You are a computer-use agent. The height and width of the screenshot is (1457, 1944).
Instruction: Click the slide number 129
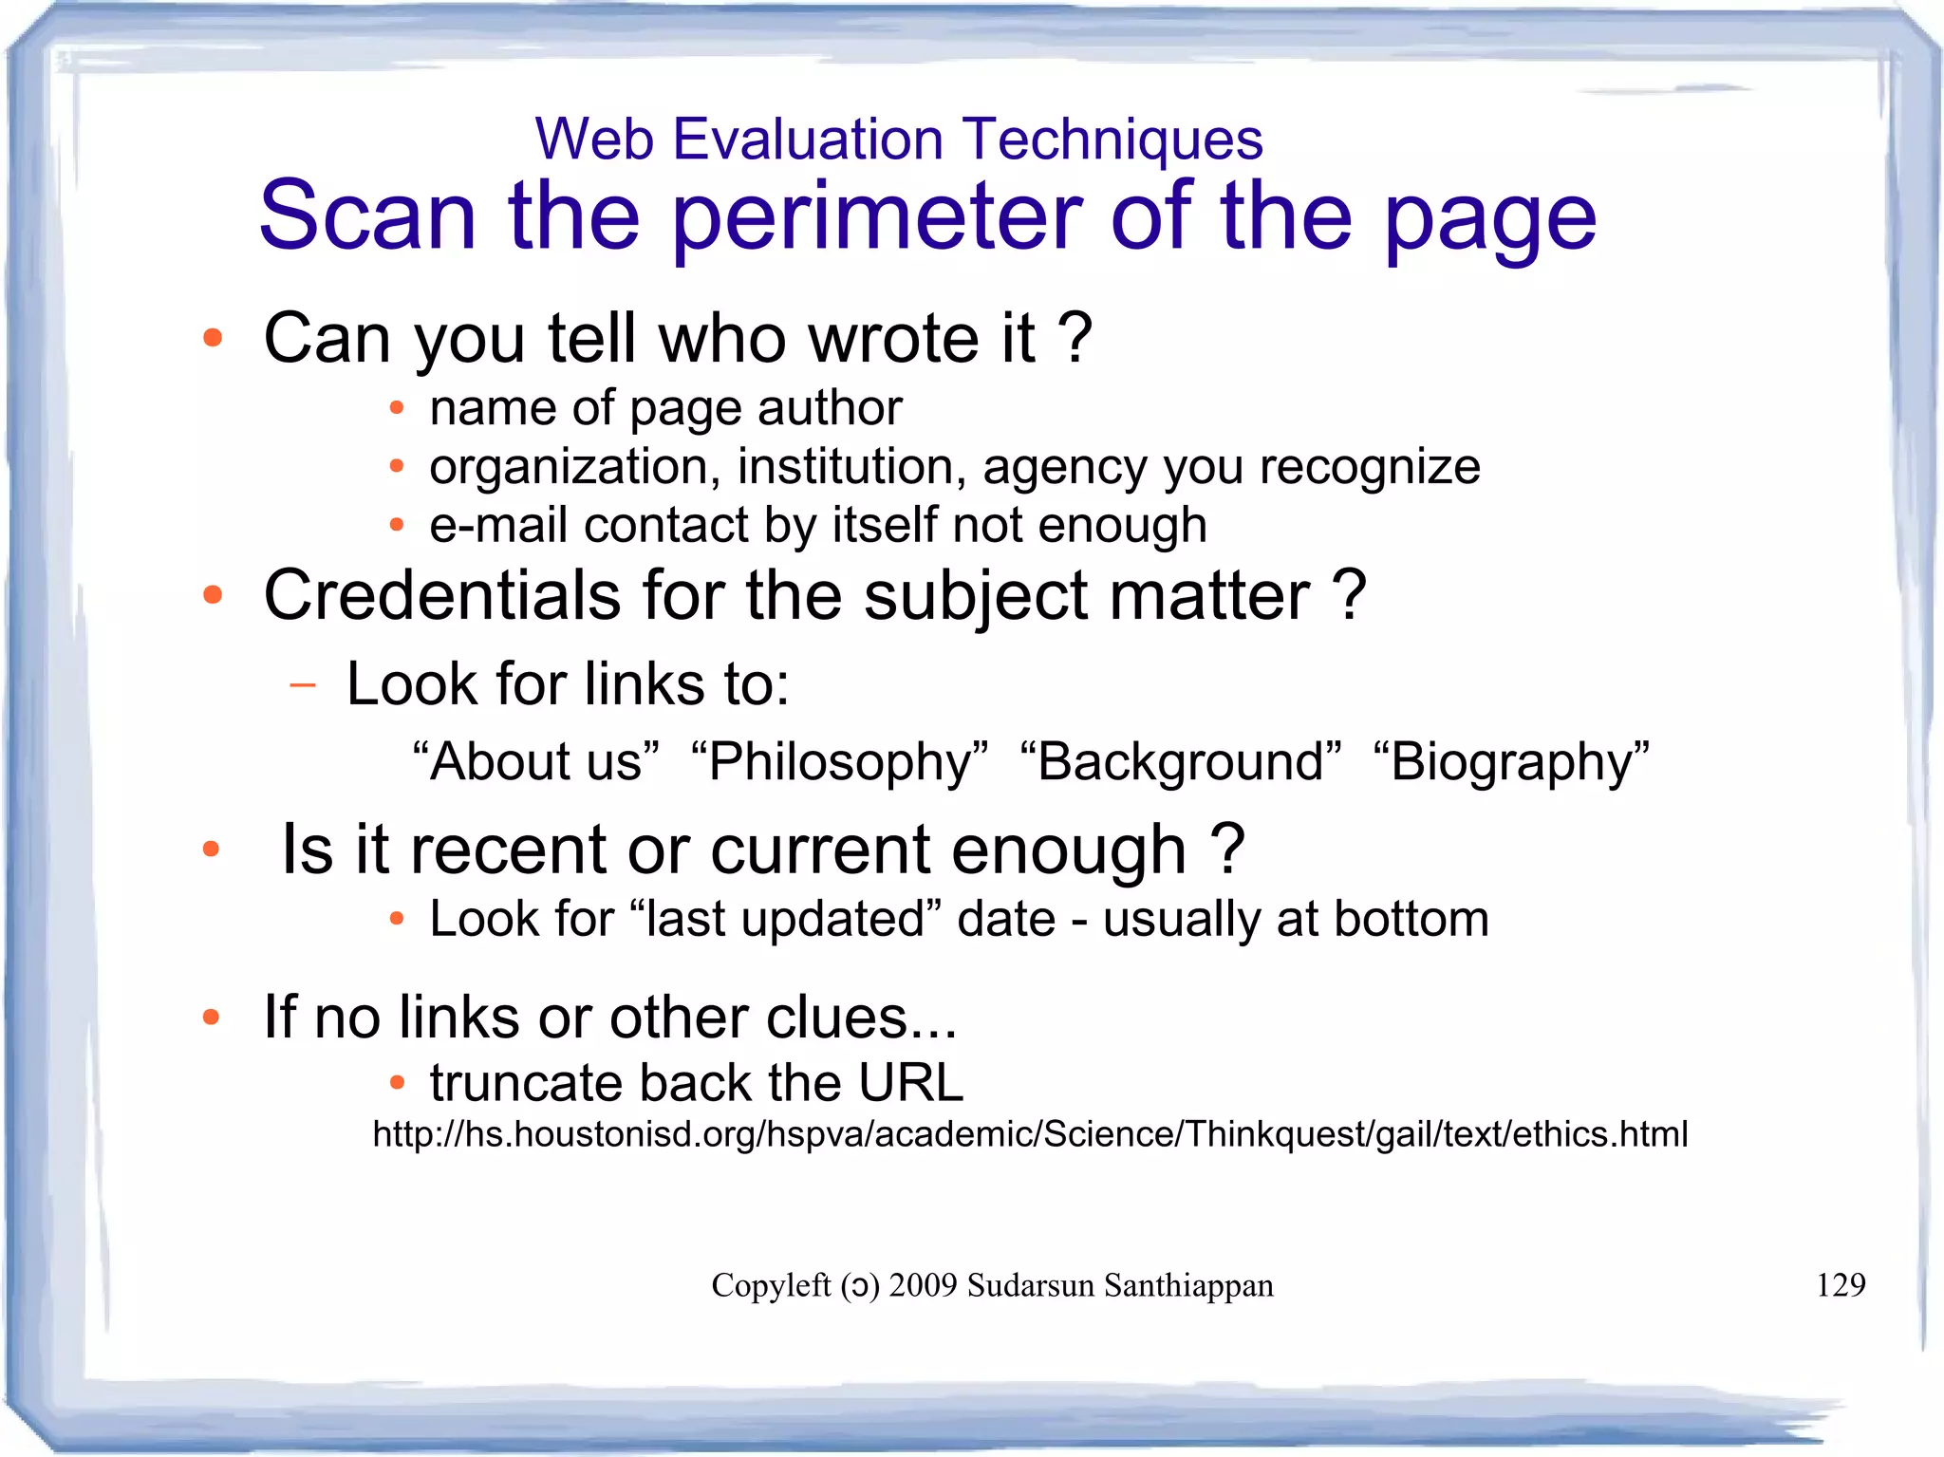(1840, 1285)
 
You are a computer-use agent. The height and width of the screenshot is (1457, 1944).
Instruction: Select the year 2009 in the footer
(923, 1285)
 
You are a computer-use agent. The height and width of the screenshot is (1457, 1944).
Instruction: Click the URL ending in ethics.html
(1030, 1134)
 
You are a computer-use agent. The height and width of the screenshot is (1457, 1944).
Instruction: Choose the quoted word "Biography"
(1511, 761)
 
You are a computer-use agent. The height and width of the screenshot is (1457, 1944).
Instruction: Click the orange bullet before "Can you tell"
(213, 338)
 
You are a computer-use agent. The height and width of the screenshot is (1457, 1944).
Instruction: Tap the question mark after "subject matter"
(1349, 596)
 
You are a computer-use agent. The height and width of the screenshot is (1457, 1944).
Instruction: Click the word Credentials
(442, 596)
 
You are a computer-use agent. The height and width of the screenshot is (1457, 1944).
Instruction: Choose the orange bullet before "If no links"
(212, 1018)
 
